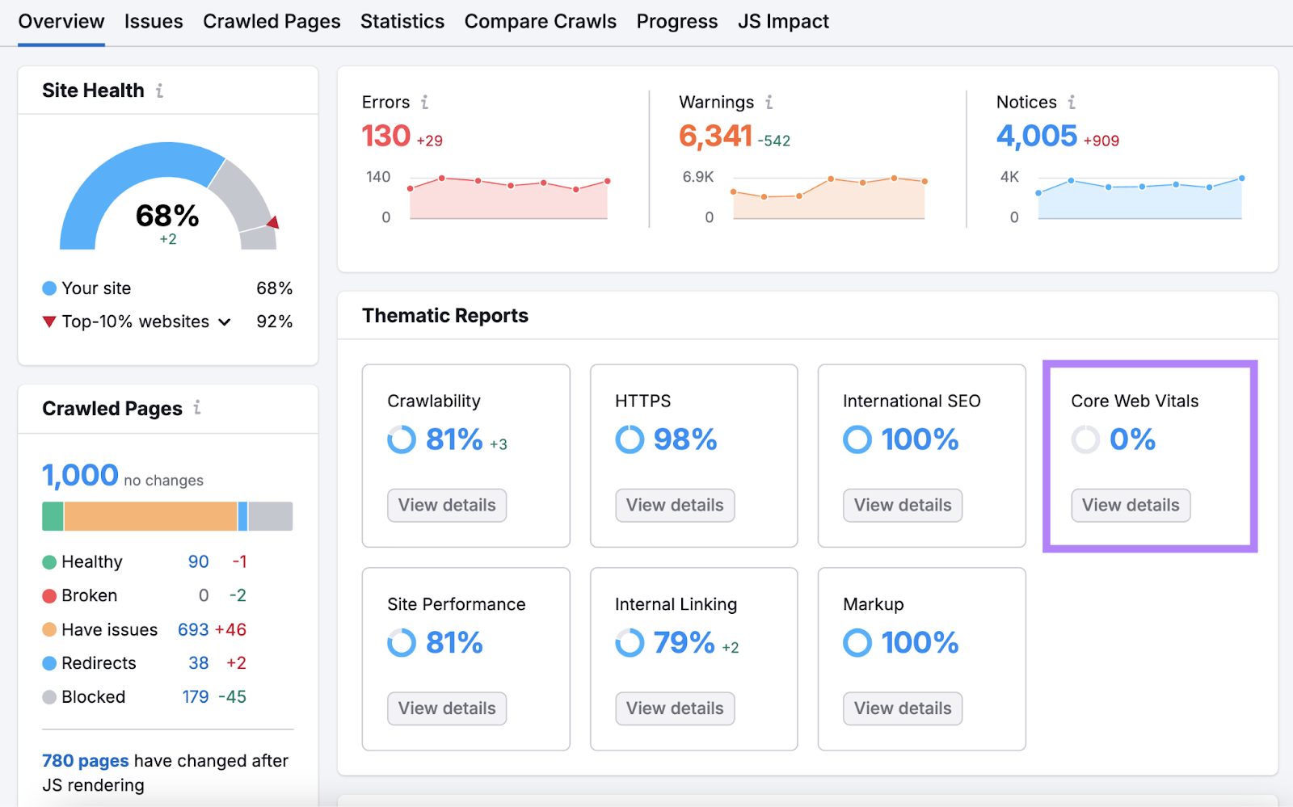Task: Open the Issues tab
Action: click(154, 22)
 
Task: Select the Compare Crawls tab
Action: click(540, 22)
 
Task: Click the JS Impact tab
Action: click(783, 22)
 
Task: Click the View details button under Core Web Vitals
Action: click(1130, 506)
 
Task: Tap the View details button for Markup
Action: click(902, 708)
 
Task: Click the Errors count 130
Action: click(386, 136)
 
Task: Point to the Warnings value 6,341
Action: click(715, 136)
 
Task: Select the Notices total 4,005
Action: click(1036, 136)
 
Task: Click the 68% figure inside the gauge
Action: click(167, 216)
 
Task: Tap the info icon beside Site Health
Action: click(160, 90)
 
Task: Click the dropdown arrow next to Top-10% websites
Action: click(225, 322)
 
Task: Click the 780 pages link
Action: click(85, 761)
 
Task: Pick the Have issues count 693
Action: click(193, 630)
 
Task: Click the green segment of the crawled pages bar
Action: click(53, 516)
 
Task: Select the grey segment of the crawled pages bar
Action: click(270, 516)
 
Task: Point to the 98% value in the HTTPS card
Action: click(684, 440)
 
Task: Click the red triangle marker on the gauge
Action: click(274, 222)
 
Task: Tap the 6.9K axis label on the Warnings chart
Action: click(697, 177)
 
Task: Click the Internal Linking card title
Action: click(676, 604)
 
